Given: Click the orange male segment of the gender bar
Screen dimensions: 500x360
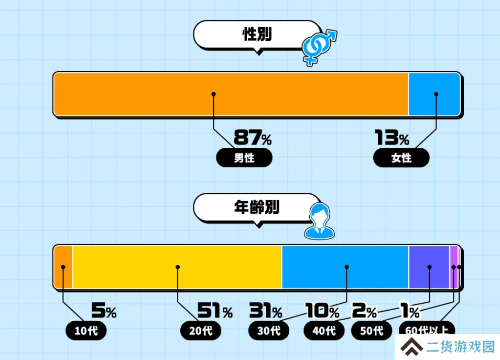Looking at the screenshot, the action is coord(231,94).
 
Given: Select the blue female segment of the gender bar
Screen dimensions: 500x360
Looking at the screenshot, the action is coord(434,94).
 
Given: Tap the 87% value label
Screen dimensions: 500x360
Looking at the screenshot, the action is coord(253,137).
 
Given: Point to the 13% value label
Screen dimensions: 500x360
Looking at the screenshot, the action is coord(392,137).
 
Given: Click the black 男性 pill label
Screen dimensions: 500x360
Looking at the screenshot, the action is coord(244,158).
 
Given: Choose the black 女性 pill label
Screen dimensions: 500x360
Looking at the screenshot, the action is coord(401,158).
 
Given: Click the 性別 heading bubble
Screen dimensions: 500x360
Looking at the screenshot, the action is coord(257,35).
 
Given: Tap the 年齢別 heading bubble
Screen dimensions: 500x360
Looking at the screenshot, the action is coord(257,208).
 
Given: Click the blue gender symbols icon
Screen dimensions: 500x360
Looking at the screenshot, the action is coord(319,47).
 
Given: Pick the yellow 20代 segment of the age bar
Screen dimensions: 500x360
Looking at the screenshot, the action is coord(177,267).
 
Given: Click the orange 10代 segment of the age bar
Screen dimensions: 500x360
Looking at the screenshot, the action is coord(63,267).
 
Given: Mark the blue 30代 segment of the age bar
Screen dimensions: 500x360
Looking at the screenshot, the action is coord(345,267).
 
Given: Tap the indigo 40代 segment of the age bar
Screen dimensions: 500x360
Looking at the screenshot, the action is coord(429,267).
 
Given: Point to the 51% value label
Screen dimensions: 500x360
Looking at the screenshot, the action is coord(215,310).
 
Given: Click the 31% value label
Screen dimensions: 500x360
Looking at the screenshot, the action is coord(266,310).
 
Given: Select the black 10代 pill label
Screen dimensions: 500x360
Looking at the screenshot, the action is coord(86,331).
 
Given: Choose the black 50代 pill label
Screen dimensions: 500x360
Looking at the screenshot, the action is coord(372,331).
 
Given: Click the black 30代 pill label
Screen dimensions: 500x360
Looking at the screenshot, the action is coord(269,331).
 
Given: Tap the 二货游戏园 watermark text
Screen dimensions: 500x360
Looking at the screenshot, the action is coord(461,346).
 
